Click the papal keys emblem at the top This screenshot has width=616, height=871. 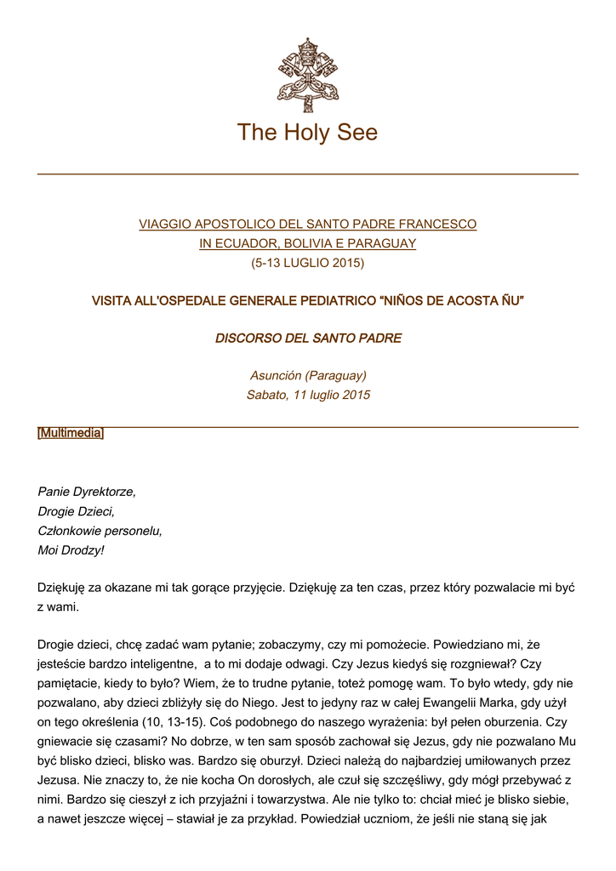[307, 71]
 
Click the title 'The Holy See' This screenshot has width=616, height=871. [307, 133]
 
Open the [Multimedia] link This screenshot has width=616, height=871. [71, 434]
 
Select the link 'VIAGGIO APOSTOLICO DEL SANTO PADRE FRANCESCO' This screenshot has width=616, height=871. [307, 225]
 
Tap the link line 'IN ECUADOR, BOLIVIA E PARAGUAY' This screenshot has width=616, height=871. [307, 244]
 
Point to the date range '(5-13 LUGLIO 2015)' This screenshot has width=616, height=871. [307, 263]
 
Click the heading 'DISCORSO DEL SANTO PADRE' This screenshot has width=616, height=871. [307, 339]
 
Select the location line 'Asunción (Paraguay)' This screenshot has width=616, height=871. [307, 375]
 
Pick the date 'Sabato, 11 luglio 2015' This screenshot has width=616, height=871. [307, 395]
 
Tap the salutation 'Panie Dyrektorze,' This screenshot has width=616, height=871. [87, 492]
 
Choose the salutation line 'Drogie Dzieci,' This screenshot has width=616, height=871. [77, 511]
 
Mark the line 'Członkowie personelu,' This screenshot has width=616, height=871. [100, 531]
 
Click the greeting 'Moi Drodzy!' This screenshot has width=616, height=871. [71, 550]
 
